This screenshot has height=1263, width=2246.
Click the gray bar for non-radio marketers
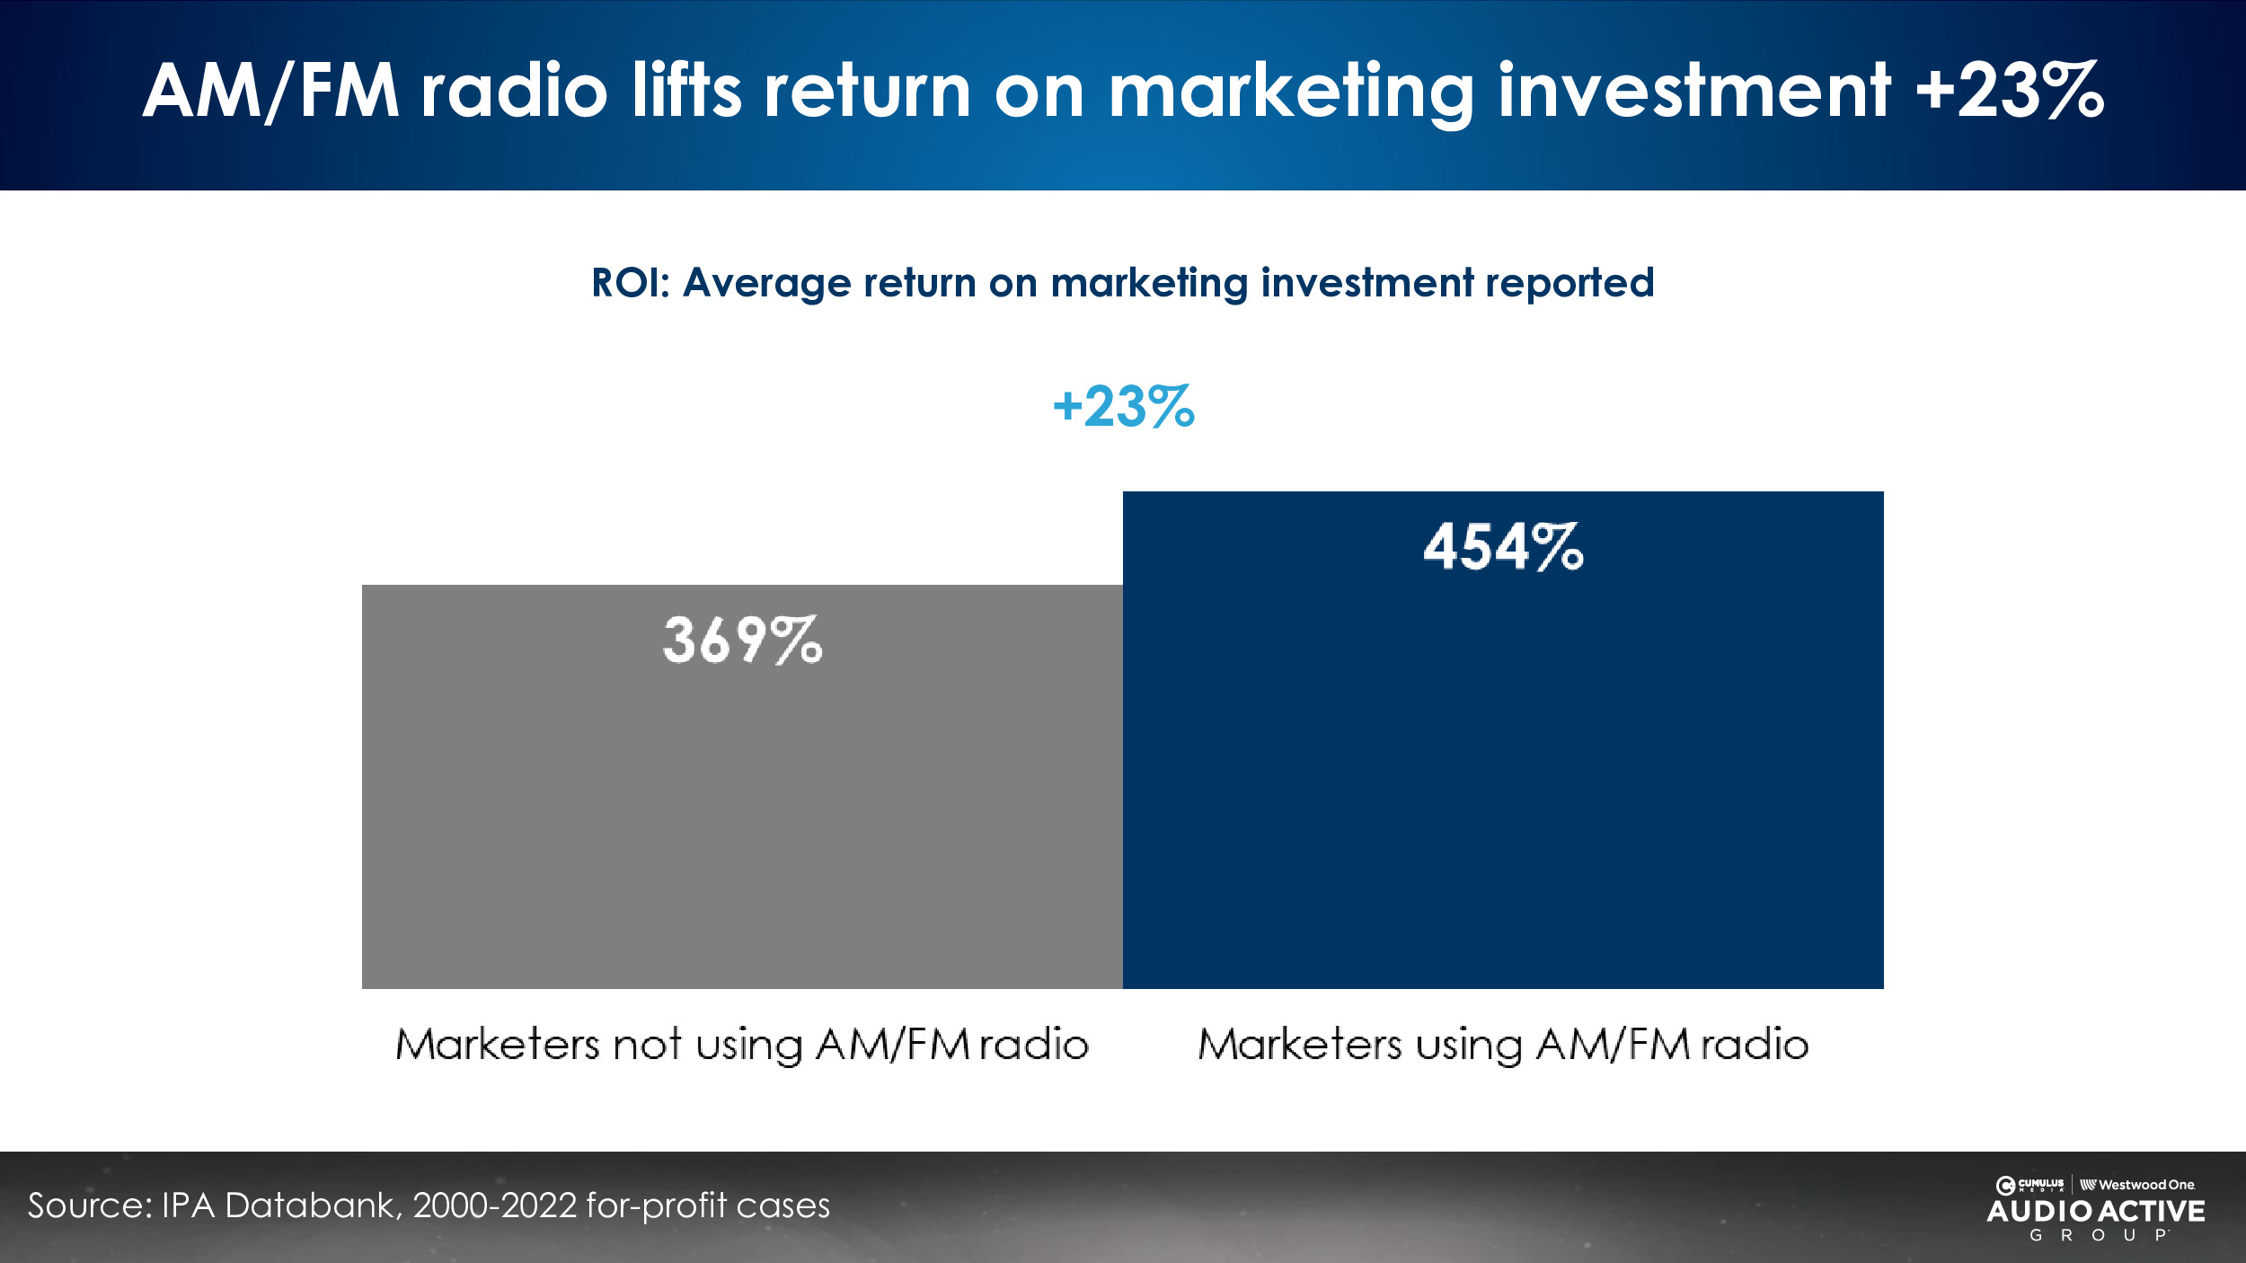pos(742,808)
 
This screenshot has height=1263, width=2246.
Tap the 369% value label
pos(742,640)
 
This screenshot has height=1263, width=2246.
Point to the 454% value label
pos(1503,547)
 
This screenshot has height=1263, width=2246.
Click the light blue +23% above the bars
pos(1123,407)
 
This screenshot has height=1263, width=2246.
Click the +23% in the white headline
pos(2009,91)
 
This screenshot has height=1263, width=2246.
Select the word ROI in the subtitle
pos(625,283)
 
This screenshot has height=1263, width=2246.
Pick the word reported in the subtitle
pos(1569,283)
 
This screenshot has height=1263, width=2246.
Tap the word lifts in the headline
pos(686,91)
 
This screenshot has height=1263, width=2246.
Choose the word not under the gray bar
pos(647,1045)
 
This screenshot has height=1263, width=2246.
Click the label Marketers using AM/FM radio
pos(1503,1045)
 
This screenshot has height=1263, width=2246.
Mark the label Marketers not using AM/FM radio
pos(742,1045)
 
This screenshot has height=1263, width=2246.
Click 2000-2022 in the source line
pos(494,1206)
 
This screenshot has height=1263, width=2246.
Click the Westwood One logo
pos(2138,1185)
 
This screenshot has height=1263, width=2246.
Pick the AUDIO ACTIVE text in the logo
pos(2096,1211)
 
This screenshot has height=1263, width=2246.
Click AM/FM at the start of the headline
pos(270,91)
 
